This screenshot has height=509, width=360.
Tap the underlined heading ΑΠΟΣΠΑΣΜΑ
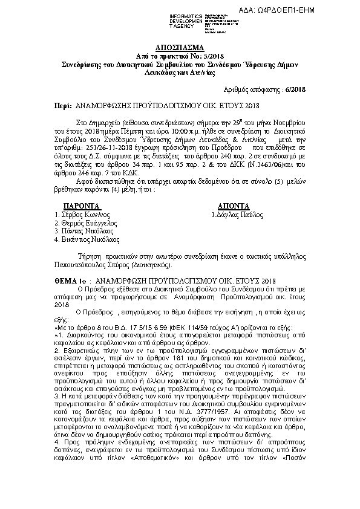point(180,47)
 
